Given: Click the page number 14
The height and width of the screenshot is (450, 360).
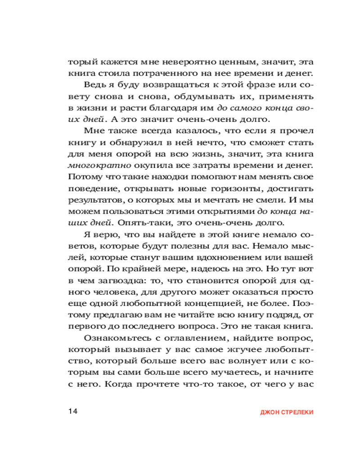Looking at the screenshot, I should tap(73, 412).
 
